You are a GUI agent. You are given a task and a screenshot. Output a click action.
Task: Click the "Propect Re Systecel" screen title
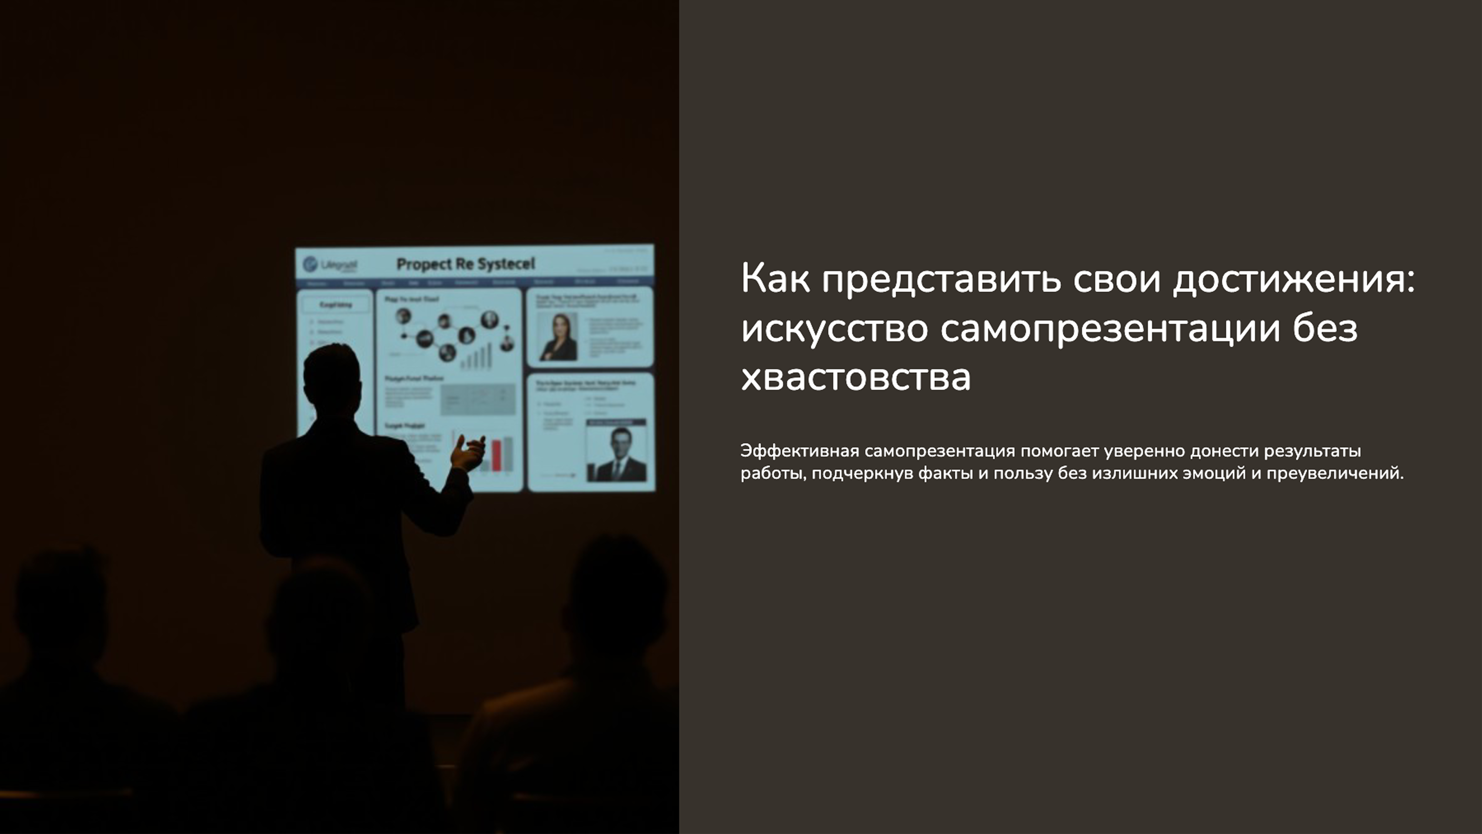pyautogui.click(x=465, y=264)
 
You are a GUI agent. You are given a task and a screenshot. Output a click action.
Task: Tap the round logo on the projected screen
pyautogui.click(x=310, y=264)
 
